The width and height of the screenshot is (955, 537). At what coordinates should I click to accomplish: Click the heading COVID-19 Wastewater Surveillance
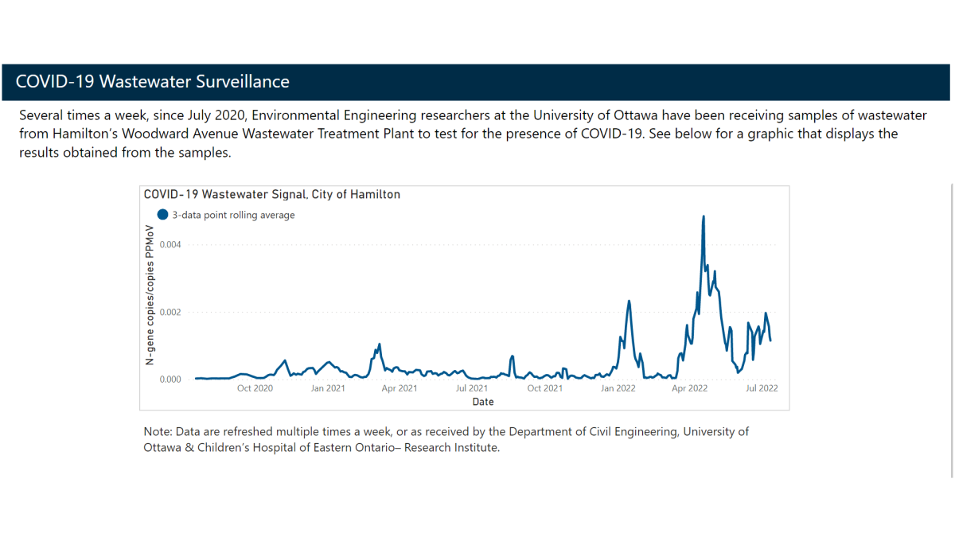pyautogui.click(x=153, y=82)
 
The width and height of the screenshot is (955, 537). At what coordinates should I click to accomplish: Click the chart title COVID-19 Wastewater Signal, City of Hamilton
pyautogui.click(x=271, y=194)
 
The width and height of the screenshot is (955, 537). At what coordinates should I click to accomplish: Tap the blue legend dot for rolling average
pyautogui.click(x=163, y=215)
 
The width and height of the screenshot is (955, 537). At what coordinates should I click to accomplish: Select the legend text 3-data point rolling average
pyautogui.click(x=233, y=216)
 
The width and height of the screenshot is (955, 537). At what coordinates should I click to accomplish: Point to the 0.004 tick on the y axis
pyautogui.click(x=170, y=244)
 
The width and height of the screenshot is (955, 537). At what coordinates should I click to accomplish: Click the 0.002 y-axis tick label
pyautogui.click(x=170, y=312)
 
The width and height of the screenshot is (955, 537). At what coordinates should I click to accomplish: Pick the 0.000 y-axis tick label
pyautogui.click(x=170, y=379)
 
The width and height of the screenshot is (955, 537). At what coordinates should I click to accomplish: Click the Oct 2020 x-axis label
pyautogui.click(x=255, y=388)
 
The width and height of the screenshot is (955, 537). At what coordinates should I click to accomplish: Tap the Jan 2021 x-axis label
pyautogui.click(x=328, y=388)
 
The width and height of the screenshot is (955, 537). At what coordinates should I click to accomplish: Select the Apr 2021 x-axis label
pyautogui.click(x=400, y=388)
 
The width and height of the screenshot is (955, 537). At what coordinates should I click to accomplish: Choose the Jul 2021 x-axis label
pyautogui.click(x=472, y=388)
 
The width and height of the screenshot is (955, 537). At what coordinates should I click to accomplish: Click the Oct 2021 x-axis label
pyautogui.click(x=545, y=388)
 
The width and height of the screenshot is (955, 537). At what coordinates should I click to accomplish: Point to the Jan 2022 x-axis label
pyautogui.click(x=618, y=388)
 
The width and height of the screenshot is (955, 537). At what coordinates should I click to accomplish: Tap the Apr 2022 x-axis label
pyautogui.click(x=690, y=388)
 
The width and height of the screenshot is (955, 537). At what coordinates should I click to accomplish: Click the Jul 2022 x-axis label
pyautogui.click(x=762, y=388)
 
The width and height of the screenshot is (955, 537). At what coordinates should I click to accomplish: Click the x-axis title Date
pyautogui.click(x=483, y=402)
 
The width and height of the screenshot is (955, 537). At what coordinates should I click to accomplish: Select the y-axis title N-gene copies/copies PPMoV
pyautogui.click(x=150, y=294)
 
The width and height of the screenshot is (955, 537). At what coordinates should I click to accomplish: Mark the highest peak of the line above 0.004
pyautogui.click(x=704, y=216)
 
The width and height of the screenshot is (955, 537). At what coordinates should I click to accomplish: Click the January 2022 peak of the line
pyautogui.click(x=630, y=301)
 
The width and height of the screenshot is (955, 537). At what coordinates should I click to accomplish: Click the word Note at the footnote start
pyautogui.click(x=158, y=432)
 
